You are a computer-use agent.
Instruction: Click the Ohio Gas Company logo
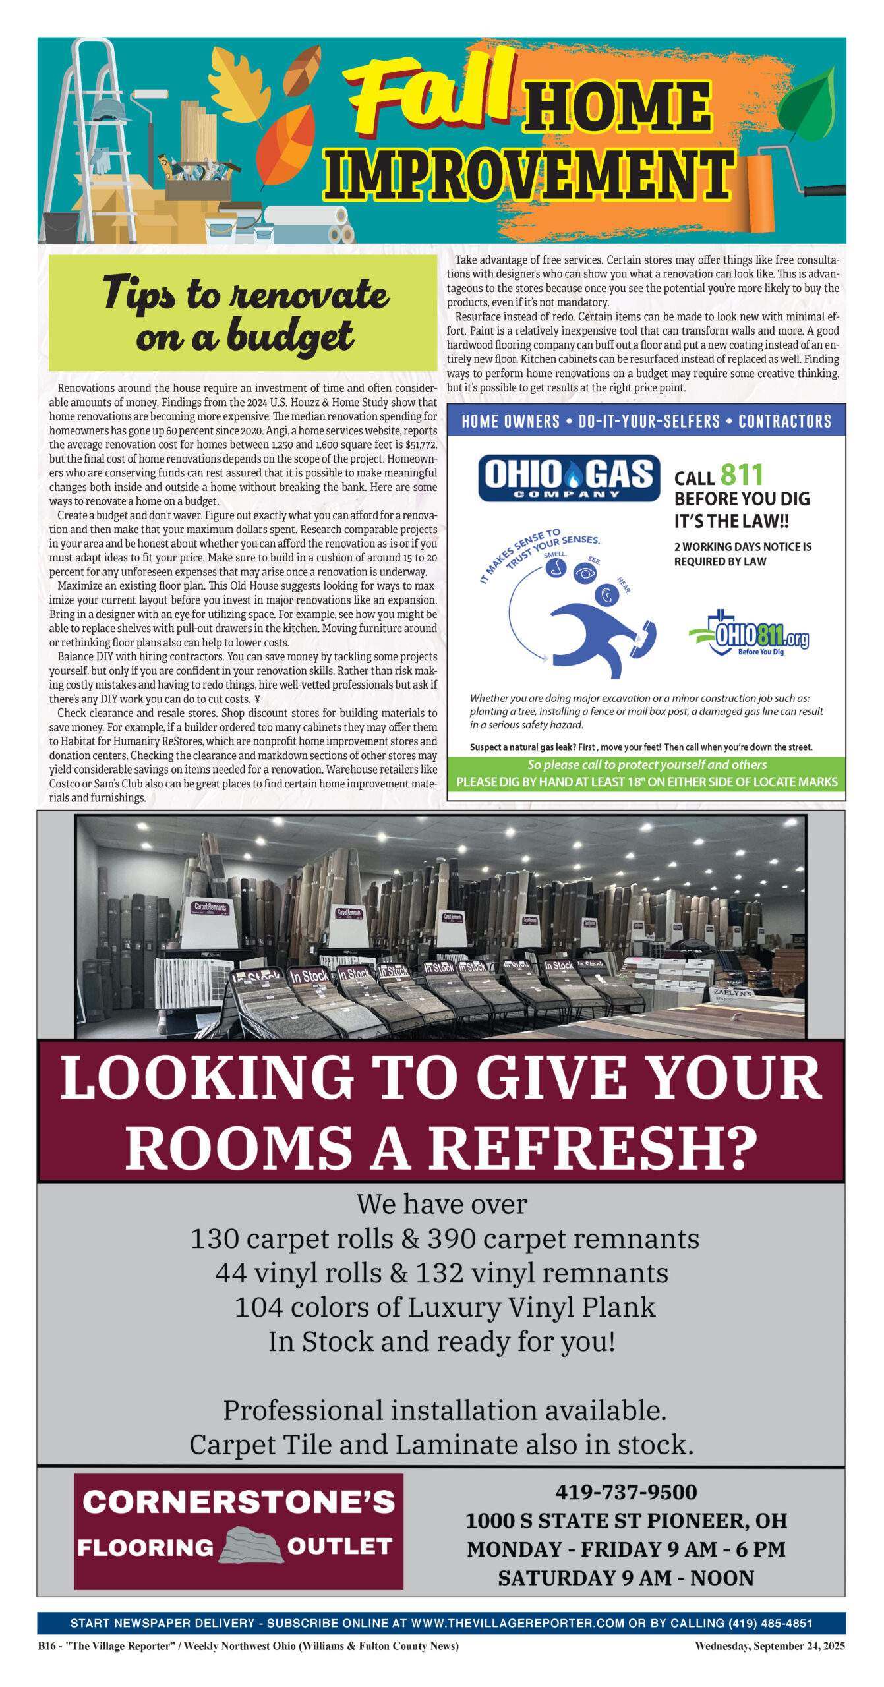(568, 478)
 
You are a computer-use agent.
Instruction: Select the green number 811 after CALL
(742, 474)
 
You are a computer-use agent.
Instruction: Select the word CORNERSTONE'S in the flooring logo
(239, 1502)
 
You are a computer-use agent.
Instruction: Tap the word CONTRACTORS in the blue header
(784, 422)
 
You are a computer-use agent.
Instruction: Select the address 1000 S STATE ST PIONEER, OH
(626, 1521)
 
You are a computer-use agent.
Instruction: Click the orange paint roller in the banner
(765, 191)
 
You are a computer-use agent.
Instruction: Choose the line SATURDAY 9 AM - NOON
(626, 1578)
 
